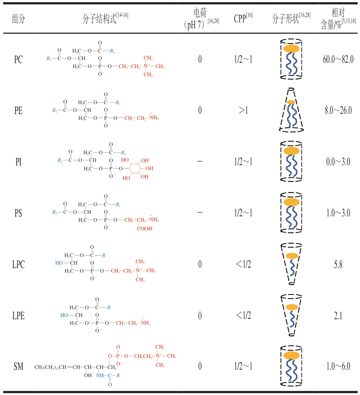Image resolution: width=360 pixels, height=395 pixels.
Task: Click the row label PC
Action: (18, 60)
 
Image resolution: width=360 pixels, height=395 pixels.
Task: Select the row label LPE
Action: (18, 316)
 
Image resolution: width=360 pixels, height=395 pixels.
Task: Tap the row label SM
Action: (18, 366)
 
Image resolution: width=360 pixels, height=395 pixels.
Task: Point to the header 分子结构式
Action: (99, 19)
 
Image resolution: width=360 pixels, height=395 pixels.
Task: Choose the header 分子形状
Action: (285, 19)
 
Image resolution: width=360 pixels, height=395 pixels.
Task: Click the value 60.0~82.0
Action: (338, 59)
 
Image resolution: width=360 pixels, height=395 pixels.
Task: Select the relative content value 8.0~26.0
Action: (338, 110)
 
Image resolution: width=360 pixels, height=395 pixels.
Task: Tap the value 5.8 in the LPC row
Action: (338, 264)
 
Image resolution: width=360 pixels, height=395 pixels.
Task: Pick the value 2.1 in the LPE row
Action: (338, 316)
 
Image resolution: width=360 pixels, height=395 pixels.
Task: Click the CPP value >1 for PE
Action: (243, 110)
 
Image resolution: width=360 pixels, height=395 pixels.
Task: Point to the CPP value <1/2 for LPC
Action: (243, 264)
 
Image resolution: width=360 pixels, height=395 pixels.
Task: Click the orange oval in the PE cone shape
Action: (291, 102)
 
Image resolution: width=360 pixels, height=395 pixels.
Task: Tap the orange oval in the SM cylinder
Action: (292, 355)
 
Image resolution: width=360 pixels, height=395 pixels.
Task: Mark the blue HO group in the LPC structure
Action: (59, 263)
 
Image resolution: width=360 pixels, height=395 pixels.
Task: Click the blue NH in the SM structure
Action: (100, 375)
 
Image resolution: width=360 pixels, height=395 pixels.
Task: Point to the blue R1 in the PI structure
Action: (124, 153)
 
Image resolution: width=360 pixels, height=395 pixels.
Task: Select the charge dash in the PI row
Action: (200, 161)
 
